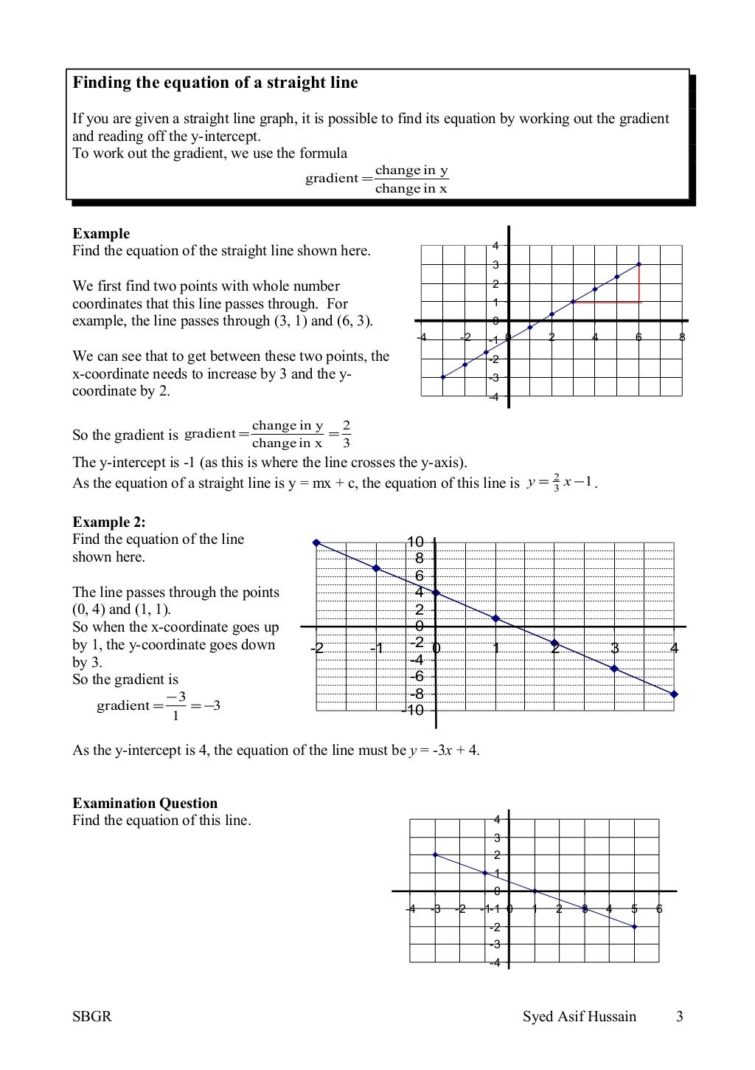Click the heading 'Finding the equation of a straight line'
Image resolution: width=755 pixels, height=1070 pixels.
[x=215, y=83]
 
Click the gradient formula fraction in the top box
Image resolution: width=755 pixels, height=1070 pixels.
[x=411, y=179]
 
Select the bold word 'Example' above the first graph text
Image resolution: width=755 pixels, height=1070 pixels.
[x=101, y=233]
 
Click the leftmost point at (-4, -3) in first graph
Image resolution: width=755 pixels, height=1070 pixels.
[x=442, y=377]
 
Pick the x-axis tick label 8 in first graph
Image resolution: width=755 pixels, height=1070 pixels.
[x=682, y=337]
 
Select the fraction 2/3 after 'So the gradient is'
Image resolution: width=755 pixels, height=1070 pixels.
[x=346, y=434]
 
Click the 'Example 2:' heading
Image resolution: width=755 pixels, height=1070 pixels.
[x=108, y=522]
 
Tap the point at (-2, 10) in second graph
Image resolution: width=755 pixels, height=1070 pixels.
[x=316, y=542]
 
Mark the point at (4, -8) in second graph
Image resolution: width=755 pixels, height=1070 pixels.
[x=674, y=694]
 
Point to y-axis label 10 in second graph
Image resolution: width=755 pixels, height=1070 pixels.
[x=415, y=542]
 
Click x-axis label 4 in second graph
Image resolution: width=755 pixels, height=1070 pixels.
[x=673, y=649]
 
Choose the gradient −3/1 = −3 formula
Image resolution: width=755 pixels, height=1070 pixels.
[x=159, y=705]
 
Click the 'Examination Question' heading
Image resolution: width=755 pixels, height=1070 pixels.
[x=145, y=803]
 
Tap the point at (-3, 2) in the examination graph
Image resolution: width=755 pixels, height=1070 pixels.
[x=435, y=855]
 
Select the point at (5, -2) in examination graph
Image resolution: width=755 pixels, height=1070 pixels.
[x=634, y=926]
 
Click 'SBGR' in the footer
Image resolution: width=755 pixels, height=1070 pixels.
[x=91, y=1016]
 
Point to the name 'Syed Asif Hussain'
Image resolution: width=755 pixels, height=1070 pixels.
[x=579, y=1016]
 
